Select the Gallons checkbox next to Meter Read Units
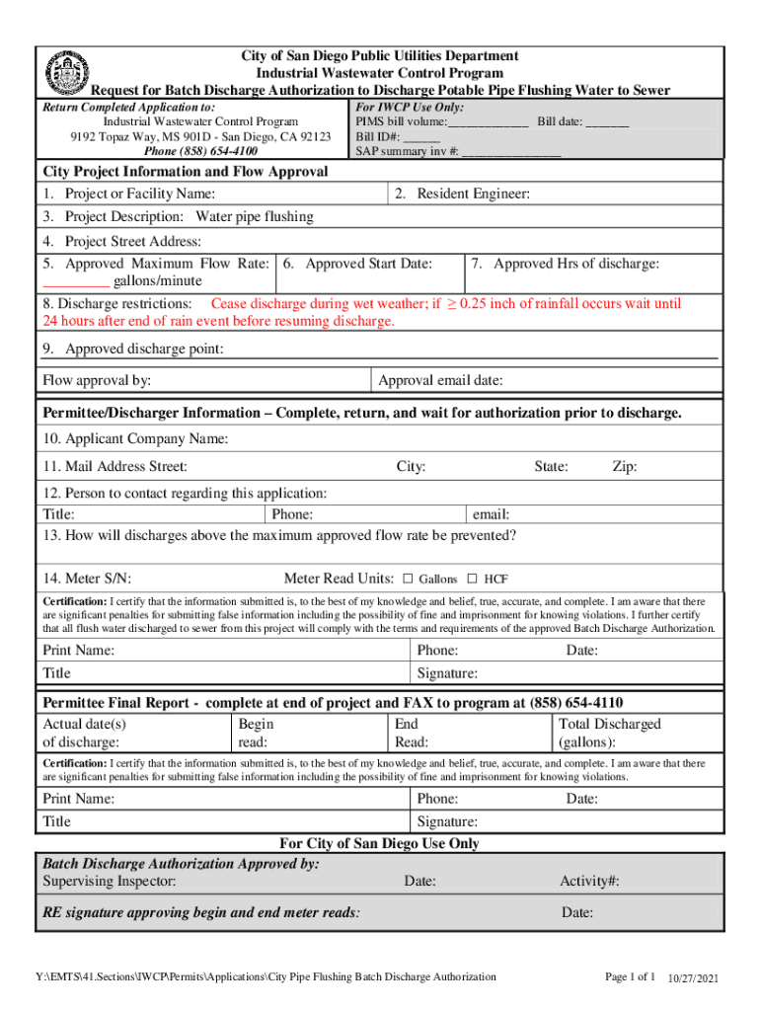(406, 579)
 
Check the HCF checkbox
(472, 579)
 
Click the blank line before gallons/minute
(74, 281)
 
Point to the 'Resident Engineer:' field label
(462, 194)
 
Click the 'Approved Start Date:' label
(358, 264)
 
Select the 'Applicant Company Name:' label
(135, 438)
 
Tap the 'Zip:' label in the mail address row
(624, 466)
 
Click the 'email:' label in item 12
(491, 514)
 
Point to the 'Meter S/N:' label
(87, 579)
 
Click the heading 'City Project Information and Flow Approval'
(185, 172)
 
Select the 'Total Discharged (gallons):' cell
(609, 733)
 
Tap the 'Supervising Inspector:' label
(110, 881)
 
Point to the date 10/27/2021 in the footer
(694, 977)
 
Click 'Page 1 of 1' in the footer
(630, 976)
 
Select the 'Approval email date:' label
(440, 380)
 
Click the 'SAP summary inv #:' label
(407, 152)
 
